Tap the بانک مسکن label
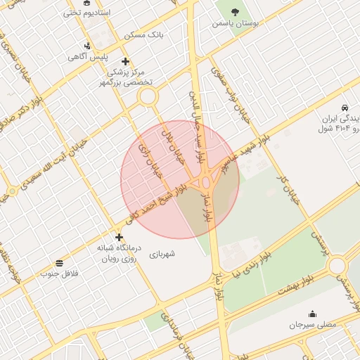pyautogui.click(x=143, y=34)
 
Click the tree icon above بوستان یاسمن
pyautogui.click(x=235, y=12)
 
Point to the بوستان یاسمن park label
pyautogui.click(x=236, y=23)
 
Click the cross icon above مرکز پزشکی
pyautogui.click(x=126, y=61)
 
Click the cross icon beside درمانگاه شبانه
pyautogui.click(x=118, y=238)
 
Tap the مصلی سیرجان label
pyautogui.click(x=313, y=326)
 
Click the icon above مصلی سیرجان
pyautogui.click(x=312, y=314)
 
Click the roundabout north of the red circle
pyautogui.click(x=147, y=97)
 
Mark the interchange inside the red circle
pyautogui.click(x=204, y=183)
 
